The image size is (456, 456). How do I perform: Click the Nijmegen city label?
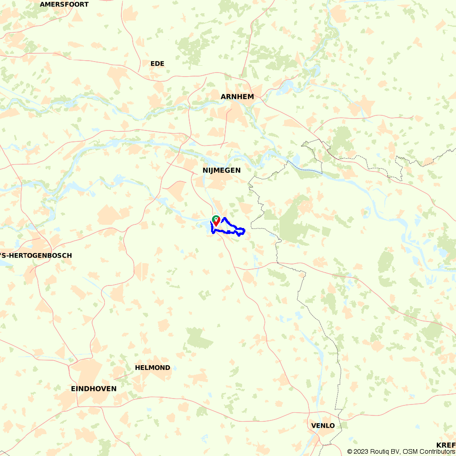222,170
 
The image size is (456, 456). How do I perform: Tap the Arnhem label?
237,97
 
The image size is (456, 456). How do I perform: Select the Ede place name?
157,63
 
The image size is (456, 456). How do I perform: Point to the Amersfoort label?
64,4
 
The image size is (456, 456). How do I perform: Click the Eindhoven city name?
94,389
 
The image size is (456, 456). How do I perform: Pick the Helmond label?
153,368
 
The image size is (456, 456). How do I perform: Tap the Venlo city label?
323,425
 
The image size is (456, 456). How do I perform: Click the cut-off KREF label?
446,445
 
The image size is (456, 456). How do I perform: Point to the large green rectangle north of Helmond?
199,337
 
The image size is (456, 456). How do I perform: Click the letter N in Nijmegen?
205,170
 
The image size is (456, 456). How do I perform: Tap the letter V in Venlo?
313,425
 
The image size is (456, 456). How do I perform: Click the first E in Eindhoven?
73,389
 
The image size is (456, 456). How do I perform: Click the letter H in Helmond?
138,368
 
